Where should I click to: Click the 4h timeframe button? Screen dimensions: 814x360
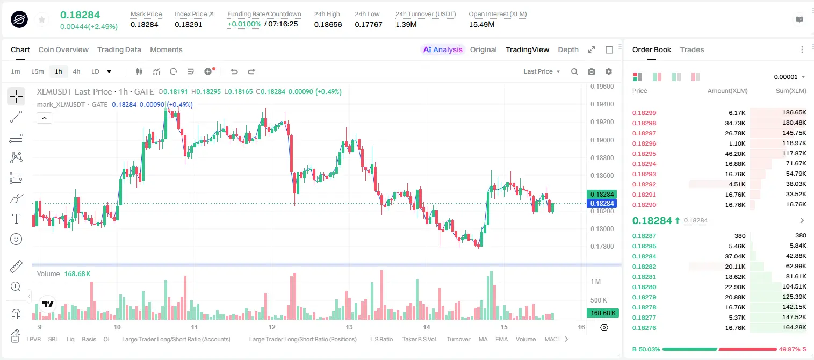pos(76,71)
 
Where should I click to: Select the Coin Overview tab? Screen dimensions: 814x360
pos(63,49)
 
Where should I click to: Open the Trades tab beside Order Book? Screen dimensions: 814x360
pos(692,49)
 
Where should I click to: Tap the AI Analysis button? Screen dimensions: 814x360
pos(443,49)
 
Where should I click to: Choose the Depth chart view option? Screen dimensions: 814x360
pos(568,49)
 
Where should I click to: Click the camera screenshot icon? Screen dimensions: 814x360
pos(592,71)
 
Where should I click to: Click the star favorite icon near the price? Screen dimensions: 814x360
pos(42,19)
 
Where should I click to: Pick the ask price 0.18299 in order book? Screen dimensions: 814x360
pos(644,113)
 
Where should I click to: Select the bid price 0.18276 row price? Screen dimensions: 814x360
pos(644,328)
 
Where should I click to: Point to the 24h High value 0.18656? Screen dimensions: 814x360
pos(328,24)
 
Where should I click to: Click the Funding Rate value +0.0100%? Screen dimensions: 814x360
pos(244,24)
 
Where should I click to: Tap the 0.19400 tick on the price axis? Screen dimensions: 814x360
pos(602,104)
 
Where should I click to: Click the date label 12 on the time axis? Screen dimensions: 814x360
pos(272,327)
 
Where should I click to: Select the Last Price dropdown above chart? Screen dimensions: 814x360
pos(542,71)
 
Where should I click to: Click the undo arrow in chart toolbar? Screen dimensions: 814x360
pos(234,71)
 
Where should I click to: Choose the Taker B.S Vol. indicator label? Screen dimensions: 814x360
pos(420,339)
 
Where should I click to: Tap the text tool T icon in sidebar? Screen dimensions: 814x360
pos(16,219)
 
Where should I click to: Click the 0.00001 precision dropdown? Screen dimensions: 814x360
pos(789,77)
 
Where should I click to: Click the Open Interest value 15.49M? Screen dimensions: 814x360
pos(481,24)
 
